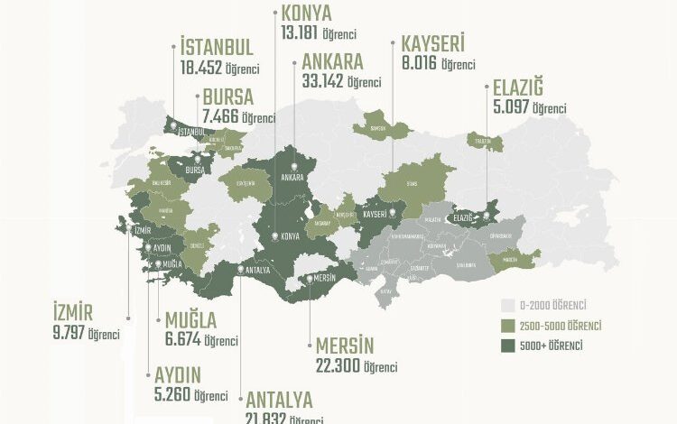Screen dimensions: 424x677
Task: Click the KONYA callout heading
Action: click(x=307, y=14)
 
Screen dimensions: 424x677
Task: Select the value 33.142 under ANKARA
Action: click(x=319, y=82)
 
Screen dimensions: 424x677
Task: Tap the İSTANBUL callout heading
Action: click(x=216, y=47)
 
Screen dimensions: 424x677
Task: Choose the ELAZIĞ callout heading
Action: click(x=518, y=89)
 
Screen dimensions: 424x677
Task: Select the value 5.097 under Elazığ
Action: click(x=510, y=108)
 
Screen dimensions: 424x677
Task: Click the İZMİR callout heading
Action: click(x=73, y=313)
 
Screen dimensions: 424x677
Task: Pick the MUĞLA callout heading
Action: click(x=190, y=320)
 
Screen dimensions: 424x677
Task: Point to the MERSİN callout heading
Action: click(x=344, y=346)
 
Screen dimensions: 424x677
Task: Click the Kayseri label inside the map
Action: click(x=375, y=215)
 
